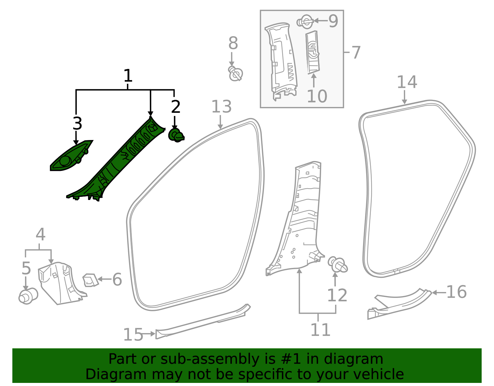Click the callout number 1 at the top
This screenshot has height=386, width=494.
coord(128,76)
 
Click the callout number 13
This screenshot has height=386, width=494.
coord(221,107)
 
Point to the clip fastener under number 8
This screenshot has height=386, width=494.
coord(236,74)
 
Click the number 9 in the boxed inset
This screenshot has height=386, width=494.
coord(333,21)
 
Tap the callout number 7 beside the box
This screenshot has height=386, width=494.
coord(356,53)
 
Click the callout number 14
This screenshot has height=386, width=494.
coord(407,82)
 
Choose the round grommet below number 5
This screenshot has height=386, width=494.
coord(28,296)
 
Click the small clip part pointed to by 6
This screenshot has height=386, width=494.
coord(90,280)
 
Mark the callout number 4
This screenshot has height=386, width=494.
coord(40,235)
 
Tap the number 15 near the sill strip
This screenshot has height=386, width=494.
coord(133,335)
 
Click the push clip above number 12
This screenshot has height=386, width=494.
coord(338,265)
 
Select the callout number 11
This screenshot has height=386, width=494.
coord(320,330)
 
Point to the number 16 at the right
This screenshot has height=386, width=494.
coord(456,292)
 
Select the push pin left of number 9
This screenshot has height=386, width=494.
coord(304,22)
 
